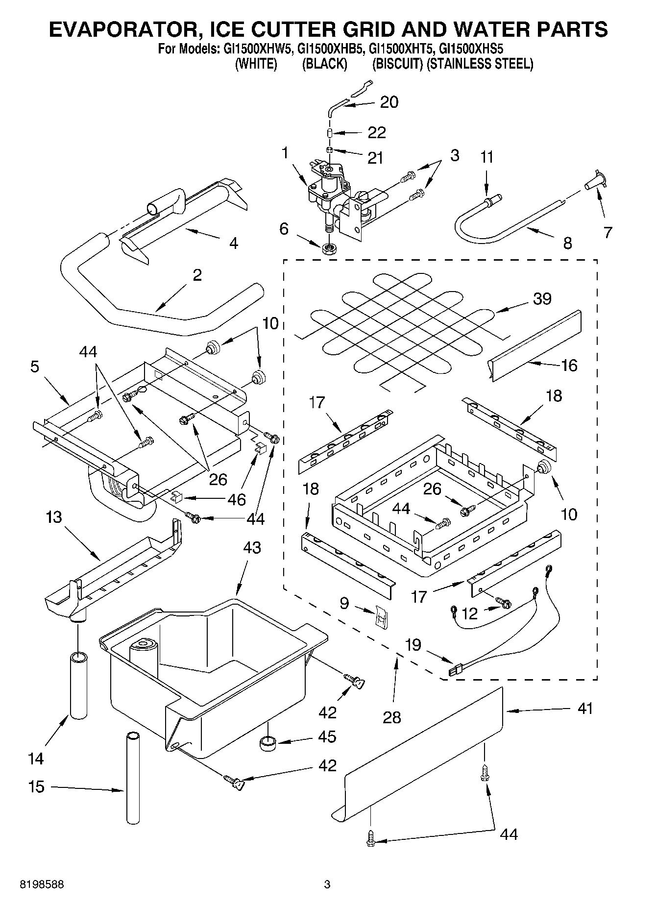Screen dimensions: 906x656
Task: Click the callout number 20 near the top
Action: [389, 102]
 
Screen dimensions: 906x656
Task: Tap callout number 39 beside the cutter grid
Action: [542, 298]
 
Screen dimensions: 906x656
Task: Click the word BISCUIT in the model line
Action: [397, 64]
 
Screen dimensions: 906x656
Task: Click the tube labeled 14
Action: [78, 685]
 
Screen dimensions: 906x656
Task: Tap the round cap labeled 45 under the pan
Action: [267, 744]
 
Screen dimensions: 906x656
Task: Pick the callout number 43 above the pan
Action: [251, 548]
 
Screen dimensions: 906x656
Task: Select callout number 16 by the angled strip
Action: [569, 365]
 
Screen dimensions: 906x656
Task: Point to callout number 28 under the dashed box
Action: [392, 717]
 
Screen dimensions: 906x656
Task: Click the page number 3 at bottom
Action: [327, 884]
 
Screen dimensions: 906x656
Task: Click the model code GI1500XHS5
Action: [471, 49]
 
